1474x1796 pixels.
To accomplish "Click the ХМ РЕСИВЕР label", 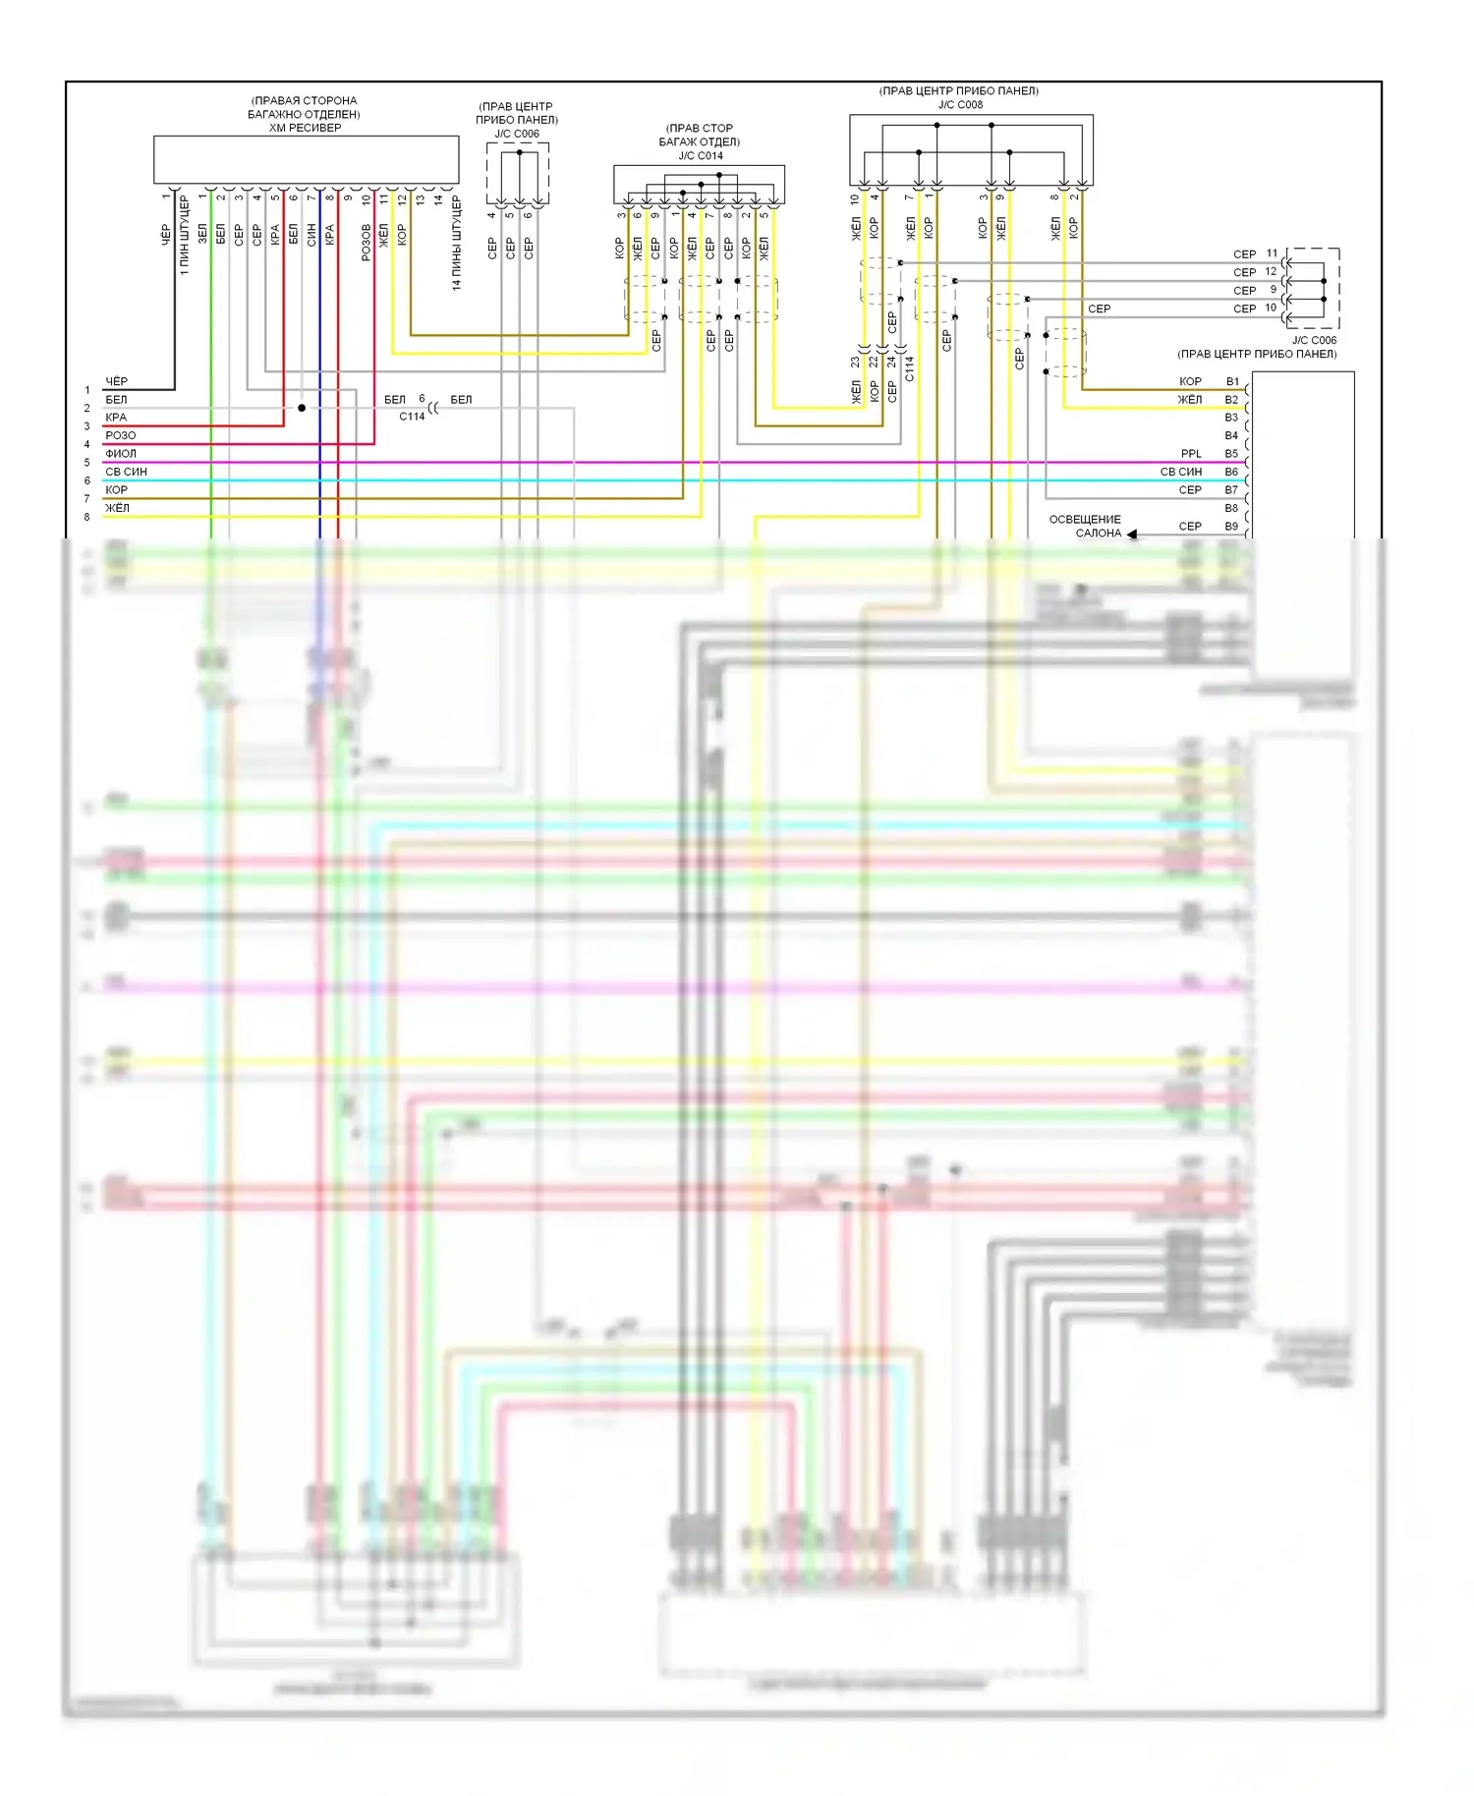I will tap(305, 128).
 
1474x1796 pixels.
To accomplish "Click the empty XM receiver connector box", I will tap(306, 159).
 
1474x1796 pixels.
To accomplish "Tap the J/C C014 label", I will tap(700, 155).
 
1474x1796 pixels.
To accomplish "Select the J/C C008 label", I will tap(959, 104).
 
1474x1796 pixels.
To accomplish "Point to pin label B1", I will tap(1231, 381).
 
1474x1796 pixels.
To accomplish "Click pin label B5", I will tap(1231, 454).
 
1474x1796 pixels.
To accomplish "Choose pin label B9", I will tap(1231, 527).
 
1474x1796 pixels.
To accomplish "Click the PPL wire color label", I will tap(1191, 454).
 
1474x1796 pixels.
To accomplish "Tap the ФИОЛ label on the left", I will tap(121, 454).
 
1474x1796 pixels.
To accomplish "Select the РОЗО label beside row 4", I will tap(121, 435).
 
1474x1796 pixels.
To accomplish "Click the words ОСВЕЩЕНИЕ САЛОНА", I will tap(1087, 526).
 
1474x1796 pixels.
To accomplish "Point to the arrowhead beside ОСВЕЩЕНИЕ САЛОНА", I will tap(1132, 533).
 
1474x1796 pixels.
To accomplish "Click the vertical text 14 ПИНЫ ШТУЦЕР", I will tap(456, 243).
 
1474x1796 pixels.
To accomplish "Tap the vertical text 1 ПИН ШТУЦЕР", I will tap(184, 236).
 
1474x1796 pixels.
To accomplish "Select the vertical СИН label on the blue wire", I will tap(312, 234).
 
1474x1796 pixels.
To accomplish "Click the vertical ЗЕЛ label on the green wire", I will tap(202, 234).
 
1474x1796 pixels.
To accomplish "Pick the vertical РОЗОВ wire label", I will tap(366, 242).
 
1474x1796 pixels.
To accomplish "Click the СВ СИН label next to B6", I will tap(1180, 472).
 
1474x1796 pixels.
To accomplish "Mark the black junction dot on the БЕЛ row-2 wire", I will tap(302, 408).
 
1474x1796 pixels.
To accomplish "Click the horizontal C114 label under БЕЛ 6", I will tap(412, 417).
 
